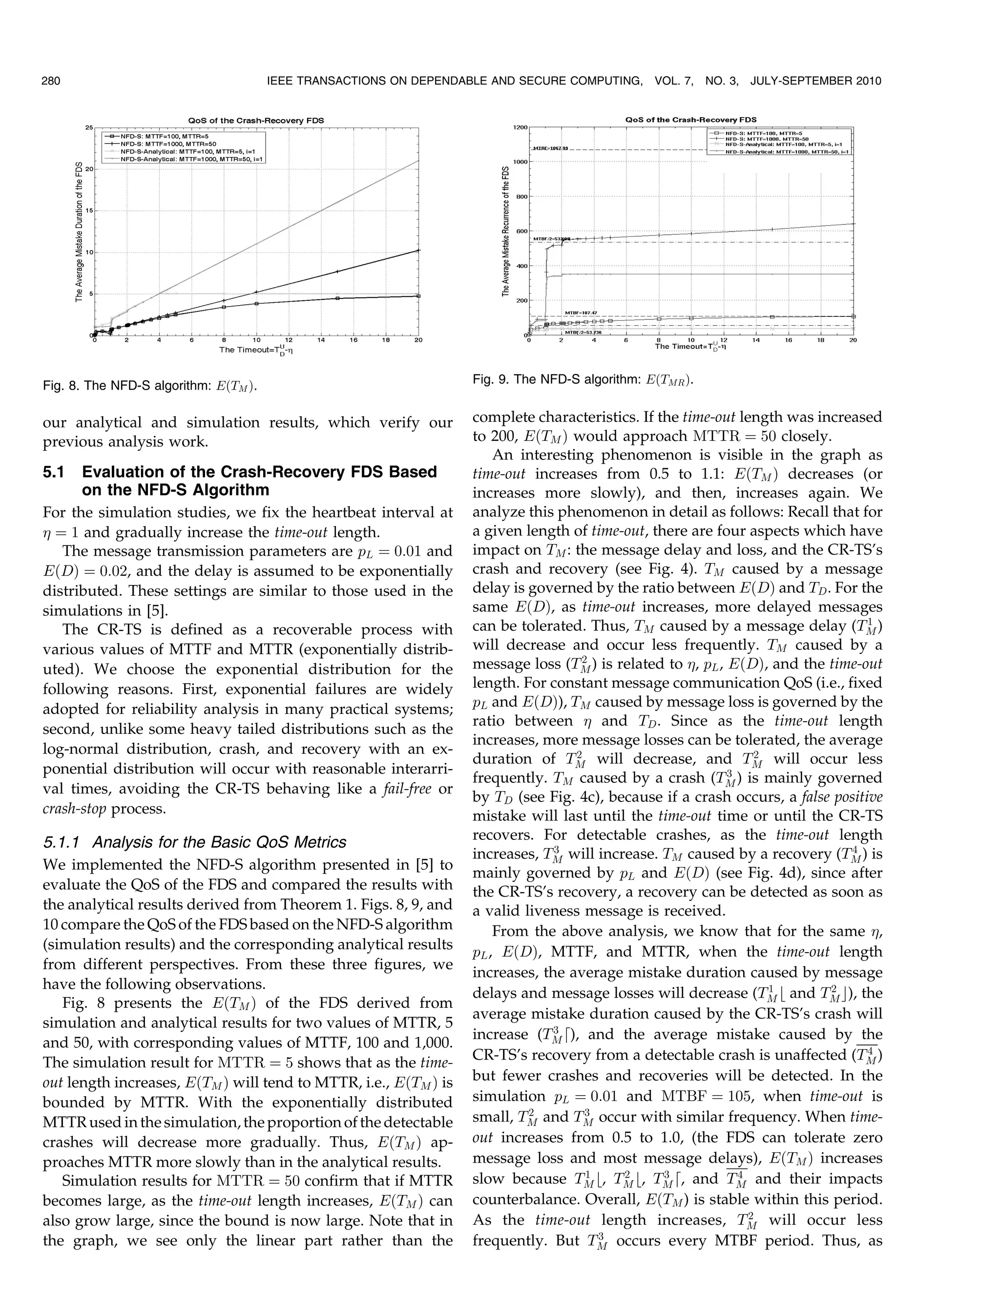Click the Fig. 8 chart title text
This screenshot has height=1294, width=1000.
(x=256, y=120)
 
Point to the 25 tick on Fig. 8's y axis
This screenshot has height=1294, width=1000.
(x=89, y=127)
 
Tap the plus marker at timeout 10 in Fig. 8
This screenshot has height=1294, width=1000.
(x=256, y=292)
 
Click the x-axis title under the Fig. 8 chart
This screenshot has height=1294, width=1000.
(x=256, y=350)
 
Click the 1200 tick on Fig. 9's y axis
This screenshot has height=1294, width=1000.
(x=520, y=127)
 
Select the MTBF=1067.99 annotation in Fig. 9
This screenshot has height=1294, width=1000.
(x=550, y=148)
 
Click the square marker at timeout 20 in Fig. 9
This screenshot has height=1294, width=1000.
(x=853, y=316)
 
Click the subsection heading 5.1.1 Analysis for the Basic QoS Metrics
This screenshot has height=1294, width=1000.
(x=194, y=842)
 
